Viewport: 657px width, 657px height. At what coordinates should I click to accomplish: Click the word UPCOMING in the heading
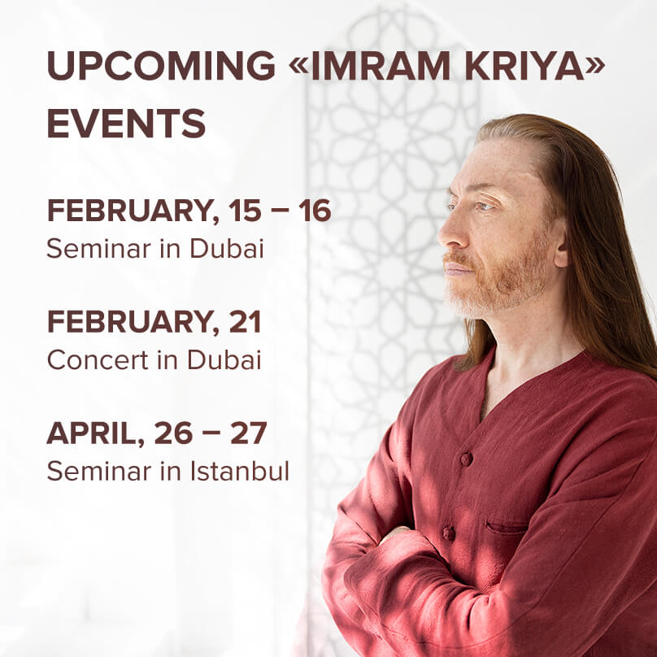pyautogui.click(x=161, y=65)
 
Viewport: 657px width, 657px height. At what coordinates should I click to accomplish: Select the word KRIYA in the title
pyautogui.click(x=525, y=65)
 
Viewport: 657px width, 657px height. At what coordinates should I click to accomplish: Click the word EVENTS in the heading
pyautogui.click(x=126, y=124)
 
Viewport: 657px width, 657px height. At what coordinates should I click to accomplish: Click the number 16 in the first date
pyautogui.click(x=315, y=211)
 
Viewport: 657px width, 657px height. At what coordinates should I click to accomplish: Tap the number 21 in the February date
pyautogui.click(x=245, y=322)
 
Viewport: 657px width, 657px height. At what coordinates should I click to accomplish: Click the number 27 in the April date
pyautogui.click(x=249, y=433)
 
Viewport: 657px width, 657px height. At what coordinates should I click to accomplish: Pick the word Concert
pyautogui.click(x=98, y=359)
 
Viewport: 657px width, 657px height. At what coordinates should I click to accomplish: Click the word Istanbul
pyautogui.click(x=240, y=470)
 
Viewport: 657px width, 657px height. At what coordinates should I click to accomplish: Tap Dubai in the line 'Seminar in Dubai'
pyautogui.click(x=227, y=248)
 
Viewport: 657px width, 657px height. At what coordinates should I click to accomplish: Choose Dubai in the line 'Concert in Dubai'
pyautogui.click(x=224, y=359)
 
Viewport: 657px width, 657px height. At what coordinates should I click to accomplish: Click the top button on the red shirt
pyautogui.click(x=466, y=459)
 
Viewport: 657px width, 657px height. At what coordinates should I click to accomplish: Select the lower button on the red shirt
pyautogui.click(x=448, y=533)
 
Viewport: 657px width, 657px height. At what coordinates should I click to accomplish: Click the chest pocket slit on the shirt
pyautogui.click(x=508, y=527)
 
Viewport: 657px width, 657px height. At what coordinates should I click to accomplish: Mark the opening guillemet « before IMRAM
pyautogui.click(x=298, y=66)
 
